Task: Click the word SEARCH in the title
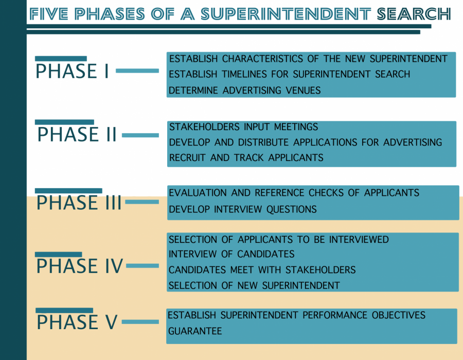tap(414, 14)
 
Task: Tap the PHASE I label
tap(73, 71)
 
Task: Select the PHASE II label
tap(77, 134)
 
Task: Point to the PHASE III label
tap(79, 203)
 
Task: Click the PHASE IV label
tap(79, 265)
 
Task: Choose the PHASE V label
tap(77, 322)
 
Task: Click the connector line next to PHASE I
tap(137, 70)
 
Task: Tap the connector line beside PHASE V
tap(140, 321)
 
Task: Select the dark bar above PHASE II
tap(64, 122)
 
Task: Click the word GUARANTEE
tap(195, 331)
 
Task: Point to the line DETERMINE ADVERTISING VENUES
tap(244, 91)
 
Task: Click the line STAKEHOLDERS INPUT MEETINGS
tap(243, 127)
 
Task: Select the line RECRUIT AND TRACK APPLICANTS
tap(246, 157)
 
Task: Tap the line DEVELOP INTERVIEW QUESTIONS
tap(242, 209)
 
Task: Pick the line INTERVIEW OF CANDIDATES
tap(232, 254)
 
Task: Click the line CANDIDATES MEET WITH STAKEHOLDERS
tap(262, 269)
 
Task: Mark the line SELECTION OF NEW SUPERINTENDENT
tap(254, 285)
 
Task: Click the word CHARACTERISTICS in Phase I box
tap(262, 59)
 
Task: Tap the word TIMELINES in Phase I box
tap(244, 74)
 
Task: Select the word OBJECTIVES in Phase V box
tap(398, 315)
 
